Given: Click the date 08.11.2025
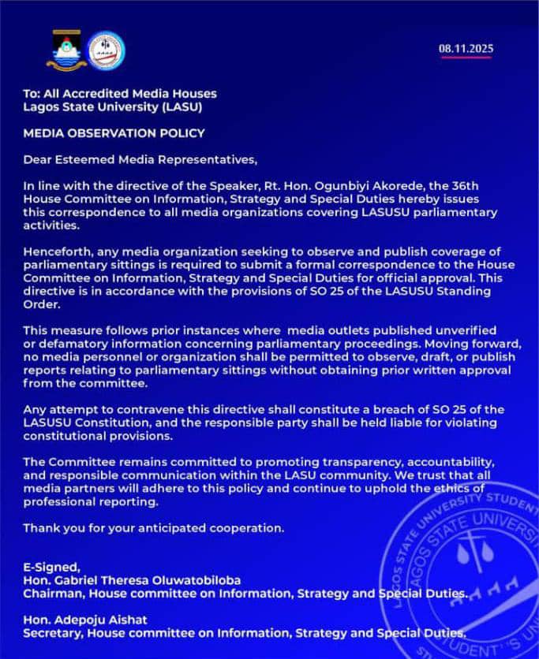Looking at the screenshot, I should [x=466, y=49].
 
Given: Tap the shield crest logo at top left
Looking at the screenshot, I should [x=66, y=50].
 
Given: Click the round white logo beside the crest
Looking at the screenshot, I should [x=106, y=50].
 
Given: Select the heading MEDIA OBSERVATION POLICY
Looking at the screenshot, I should [x=114, y=133].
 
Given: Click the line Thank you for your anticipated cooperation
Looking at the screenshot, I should [x=154, y=527].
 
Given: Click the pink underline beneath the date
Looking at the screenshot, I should [x=466, y=58].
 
